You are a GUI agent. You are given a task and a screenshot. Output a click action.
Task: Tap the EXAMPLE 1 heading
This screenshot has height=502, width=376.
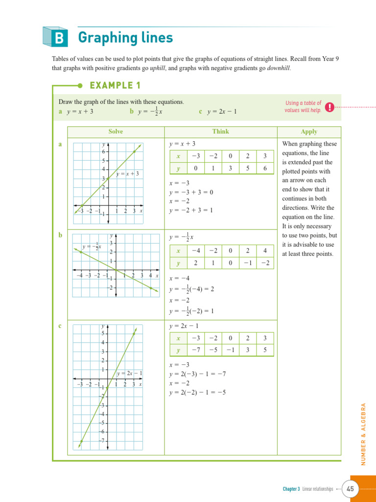click(115, 86)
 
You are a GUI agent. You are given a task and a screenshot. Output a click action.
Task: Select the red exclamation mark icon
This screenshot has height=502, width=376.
click(330, 107)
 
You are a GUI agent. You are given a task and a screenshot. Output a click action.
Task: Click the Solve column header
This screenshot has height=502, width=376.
click(116, 131)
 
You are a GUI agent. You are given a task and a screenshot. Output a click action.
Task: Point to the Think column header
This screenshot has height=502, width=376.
click(220, 131)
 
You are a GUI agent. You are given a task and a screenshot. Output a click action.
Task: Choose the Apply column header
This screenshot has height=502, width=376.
click(309, 131)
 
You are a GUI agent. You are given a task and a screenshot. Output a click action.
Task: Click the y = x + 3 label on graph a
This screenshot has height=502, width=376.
click(128, 174)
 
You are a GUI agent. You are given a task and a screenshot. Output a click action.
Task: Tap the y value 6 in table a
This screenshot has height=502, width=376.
click(265, 168)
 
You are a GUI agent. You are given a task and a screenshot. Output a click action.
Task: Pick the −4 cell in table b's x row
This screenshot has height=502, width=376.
click(196, 251)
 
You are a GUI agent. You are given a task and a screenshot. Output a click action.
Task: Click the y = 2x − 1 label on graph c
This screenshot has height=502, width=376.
click(129, 374)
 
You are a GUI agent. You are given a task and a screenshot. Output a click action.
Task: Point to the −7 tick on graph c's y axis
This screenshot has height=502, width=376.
click(102, 440)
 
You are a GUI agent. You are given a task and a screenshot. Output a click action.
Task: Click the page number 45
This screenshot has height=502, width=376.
click(351, 489)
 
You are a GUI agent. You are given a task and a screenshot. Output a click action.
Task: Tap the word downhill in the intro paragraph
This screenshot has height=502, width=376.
click(279, 68)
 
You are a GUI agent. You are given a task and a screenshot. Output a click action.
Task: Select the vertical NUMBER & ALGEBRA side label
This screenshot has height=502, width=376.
click(364, 434)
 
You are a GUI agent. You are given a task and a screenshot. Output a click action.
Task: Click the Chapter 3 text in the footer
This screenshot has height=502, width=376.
click(291, 489)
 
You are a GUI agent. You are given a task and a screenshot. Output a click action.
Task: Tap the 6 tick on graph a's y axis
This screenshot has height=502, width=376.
click(103, 152)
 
